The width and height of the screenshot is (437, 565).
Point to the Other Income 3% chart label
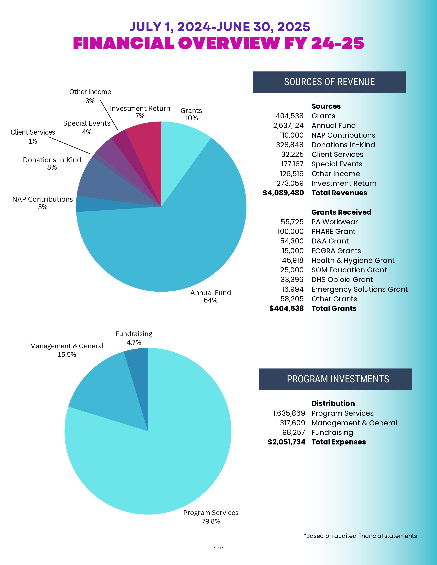click(x=90, y=96)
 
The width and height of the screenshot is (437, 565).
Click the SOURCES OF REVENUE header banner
click(x=329, y=82)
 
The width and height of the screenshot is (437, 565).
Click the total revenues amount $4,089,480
click(x=283, y=193)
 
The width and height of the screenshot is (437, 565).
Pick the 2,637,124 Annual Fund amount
click(x=288, y=125)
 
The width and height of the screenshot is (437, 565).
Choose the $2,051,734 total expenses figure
click(x=287, y=442)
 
